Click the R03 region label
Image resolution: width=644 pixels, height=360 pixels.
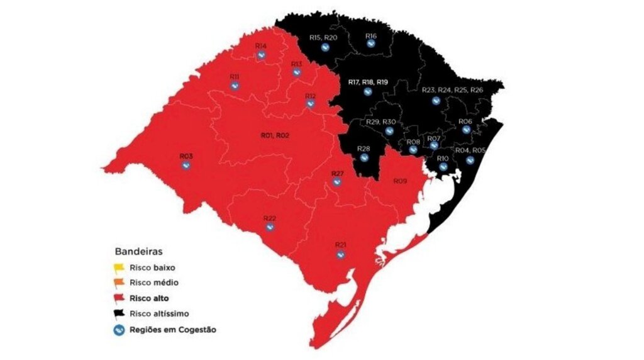(x=186, y=155)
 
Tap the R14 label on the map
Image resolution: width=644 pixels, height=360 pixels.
(x=261, y=47)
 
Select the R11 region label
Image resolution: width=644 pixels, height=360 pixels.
(x=234, y=77)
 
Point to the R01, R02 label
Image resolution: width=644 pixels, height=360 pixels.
(x=274, y=135)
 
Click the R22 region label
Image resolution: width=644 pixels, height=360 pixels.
(x=270, y=218)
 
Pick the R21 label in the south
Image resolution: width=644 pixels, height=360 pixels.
(x=341, y=244)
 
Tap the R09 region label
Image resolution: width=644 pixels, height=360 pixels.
(x=401, y=181)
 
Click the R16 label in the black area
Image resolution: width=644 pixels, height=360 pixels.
(x=371, y=36)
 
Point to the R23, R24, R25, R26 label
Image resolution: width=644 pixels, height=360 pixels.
(x=453, y=90)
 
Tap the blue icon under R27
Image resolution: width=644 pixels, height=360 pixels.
(x=337, y=183)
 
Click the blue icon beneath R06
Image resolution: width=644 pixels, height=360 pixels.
(x=466, y=130)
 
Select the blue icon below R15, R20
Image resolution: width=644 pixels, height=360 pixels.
(x=325, y=47)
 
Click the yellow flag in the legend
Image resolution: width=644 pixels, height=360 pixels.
(x=120, y=267)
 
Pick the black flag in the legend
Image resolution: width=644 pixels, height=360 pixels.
(x=120, y=313)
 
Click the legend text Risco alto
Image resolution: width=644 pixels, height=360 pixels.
(x=149, y=298)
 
